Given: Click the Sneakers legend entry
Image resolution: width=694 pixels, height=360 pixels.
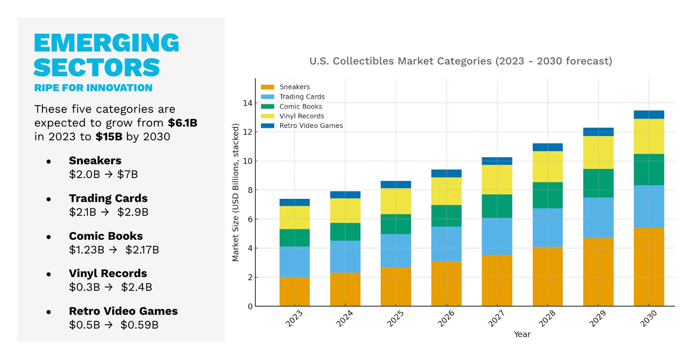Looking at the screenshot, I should [294, 87].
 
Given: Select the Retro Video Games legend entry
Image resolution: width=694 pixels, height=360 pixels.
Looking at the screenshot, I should [311, 126].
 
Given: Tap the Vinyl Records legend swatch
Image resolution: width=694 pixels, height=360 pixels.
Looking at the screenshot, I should [268, 116].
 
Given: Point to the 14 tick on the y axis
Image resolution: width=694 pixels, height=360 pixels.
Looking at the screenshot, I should [248, 103].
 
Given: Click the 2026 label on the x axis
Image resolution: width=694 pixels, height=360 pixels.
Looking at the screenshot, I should [446, 318].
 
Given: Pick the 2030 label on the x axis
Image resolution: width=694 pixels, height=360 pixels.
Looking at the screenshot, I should [648, 318].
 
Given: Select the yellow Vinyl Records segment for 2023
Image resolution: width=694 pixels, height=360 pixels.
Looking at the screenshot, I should [294, 217].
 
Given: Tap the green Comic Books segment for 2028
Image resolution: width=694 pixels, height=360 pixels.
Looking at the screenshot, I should [547, 195].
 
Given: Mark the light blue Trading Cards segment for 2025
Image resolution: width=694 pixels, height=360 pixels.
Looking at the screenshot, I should [396, 251].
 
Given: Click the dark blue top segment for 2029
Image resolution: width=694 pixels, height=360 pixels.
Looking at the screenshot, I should [598, 132].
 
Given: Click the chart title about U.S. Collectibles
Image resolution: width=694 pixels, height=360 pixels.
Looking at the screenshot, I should [461, 61].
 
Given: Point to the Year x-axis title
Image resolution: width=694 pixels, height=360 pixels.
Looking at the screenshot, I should [522, 334].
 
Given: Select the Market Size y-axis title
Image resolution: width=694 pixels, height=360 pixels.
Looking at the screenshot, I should [235, 192].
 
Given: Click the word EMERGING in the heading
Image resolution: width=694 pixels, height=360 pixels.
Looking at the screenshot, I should [106, 43].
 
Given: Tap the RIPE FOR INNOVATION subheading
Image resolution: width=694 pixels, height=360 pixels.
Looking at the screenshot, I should [93, 88].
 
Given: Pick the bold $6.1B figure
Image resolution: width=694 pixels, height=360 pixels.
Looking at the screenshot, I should [182, 123].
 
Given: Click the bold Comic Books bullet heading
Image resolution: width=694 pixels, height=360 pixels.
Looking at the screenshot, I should [106, 236].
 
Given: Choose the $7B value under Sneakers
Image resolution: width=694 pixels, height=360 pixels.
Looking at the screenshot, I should [127, 174].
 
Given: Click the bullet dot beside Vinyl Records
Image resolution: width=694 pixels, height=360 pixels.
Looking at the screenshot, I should [49, 274].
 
